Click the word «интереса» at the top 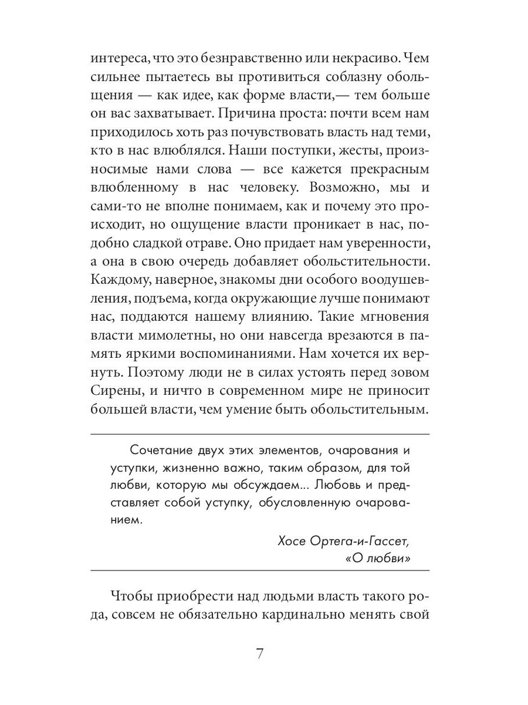pyautogui.click(x=117, y=59)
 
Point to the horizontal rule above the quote pyautogui.click(x=260, y=434)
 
